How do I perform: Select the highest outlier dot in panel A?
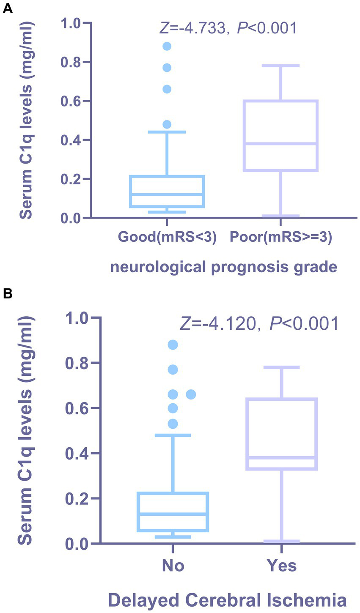coord(167,46)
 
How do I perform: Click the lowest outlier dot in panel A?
coord(167,124)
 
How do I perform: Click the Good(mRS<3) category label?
coord(167,237)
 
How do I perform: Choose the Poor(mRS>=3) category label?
coord(280,237)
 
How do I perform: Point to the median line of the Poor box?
coord(280,144)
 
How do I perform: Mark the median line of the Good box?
coord(167,194)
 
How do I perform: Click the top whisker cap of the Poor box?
coord(280,66)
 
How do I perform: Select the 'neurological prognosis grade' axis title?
coord(223,267)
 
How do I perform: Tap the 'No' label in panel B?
coord(173,566)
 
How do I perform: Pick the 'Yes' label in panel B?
coord(282,566)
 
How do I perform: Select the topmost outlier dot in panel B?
coord(173,345)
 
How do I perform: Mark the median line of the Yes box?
coord(282,458)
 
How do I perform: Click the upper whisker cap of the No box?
coord(173,435)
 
